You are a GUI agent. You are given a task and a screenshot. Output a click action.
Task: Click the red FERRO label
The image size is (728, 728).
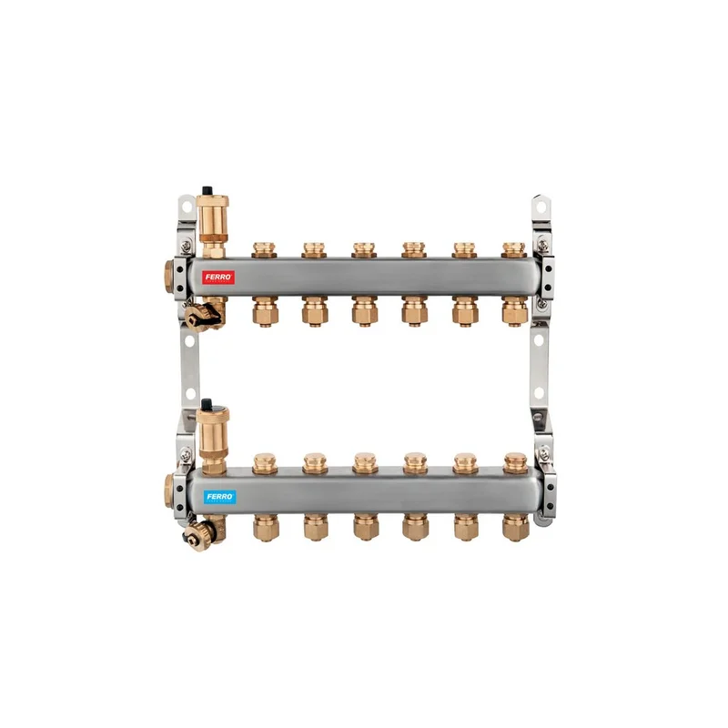point(218,278)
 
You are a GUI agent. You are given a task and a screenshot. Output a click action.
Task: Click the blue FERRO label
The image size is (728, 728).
point(219,497)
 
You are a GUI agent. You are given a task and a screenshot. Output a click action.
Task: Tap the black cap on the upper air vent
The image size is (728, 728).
point(207,190)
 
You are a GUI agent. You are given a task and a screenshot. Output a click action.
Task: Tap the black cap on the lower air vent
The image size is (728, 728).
point(207,403)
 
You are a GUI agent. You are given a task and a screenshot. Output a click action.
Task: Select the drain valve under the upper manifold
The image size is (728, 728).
point(204,314)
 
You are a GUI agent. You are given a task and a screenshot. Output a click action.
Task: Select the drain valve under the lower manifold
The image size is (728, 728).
point(202,533)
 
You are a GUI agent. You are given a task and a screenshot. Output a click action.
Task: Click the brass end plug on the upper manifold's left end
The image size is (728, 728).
point(168,277)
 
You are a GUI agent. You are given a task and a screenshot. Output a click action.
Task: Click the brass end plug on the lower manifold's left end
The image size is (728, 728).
point(168,491)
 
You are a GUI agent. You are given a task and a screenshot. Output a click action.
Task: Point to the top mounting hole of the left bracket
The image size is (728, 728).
point(187,207)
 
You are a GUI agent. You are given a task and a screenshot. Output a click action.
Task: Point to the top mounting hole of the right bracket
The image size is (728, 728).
point(540,207)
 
